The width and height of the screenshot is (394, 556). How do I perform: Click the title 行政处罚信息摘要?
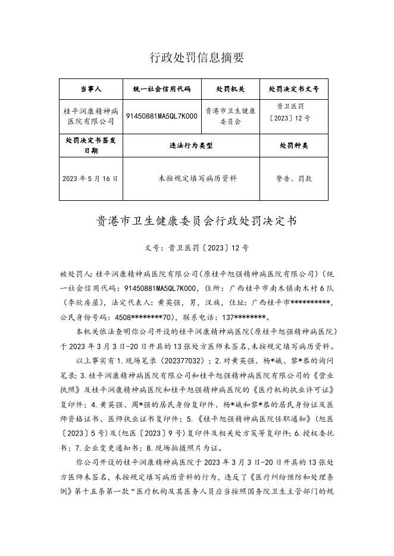coord(196,58)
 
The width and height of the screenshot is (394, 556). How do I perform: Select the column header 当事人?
coord(91,89)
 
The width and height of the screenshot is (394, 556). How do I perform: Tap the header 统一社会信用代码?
coord(161,89)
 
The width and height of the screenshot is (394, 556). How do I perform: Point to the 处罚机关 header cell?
coord(230,89)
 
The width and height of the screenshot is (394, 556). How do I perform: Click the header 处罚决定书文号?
coord(294,89)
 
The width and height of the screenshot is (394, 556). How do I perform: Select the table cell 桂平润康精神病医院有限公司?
coord(91,116)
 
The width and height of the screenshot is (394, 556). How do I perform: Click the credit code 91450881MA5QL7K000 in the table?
coord(161,116)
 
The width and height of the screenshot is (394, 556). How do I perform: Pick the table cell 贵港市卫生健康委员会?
coord(230,116)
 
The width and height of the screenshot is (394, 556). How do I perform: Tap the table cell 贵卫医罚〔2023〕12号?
coord(293,112)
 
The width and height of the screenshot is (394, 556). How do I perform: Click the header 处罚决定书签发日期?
coord(91,145)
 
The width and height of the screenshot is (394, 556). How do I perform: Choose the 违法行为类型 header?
coord(191,145)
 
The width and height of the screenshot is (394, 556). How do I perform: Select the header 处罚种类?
coord(294,145)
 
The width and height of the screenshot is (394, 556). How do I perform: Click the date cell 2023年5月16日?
coord(90,178)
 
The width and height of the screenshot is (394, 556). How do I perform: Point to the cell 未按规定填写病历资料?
coord(190,178)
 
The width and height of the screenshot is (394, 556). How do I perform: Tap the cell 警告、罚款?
coord(294,178)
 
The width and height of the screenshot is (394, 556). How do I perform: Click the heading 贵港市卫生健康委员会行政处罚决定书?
coord(196,222)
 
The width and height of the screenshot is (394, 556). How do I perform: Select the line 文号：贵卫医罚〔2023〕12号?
coord(196,248)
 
